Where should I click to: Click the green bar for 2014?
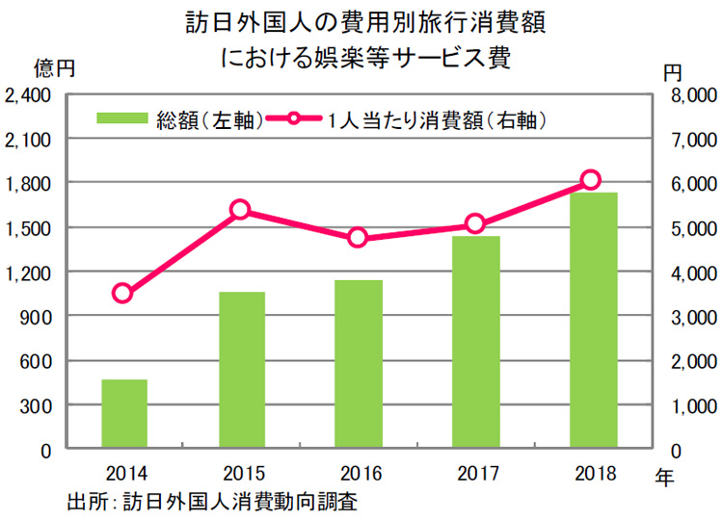tap(124, 414)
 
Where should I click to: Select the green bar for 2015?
tap(242, 371)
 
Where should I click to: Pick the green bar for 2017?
tap(476, 342)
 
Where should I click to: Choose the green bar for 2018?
tap(593, 321)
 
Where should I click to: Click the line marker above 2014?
tap(122, 294)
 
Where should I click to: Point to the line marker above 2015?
tap(241, 210)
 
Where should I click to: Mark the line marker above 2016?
tap(359, 237)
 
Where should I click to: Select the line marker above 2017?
tap(474, 224)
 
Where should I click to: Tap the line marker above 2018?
tap(592, 180)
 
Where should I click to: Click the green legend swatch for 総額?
tap(122, 120)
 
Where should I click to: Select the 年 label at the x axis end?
tap(665, 476)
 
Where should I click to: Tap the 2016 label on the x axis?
tap(359, 474)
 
